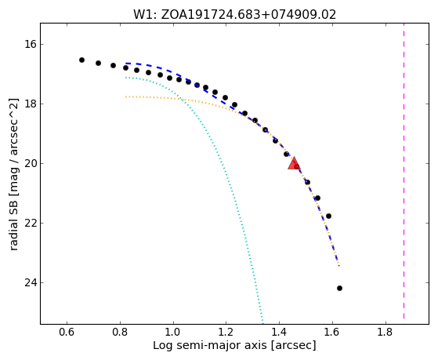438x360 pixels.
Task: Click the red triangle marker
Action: coord(294,164)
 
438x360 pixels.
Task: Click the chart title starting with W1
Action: coord(234,14)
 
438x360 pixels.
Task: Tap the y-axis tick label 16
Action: coord(28,44)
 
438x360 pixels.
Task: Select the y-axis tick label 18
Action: coord(28,104)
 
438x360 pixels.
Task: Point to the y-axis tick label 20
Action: coord(28,163)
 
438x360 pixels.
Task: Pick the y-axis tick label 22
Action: coord(28,223)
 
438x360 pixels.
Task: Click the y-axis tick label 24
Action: coord(28,282)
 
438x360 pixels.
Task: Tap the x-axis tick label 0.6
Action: coord(67,333)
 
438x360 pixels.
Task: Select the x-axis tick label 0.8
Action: coord(120,333)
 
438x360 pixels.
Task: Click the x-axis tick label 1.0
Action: coord(173,333)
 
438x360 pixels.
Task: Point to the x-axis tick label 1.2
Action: coord(226,333)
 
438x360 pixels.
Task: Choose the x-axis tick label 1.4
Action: coord(280,333)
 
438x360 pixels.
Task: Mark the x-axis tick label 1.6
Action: coord(332,333)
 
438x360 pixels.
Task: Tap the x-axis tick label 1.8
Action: coord(386,333)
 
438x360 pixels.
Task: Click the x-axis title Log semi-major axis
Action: coord(210,346)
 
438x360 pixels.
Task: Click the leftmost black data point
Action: coord(81,60)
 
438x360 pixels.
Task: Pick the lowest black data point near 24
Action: coord(340,288)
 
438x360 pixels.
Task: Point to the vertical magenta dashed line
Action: coord(404,171)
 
